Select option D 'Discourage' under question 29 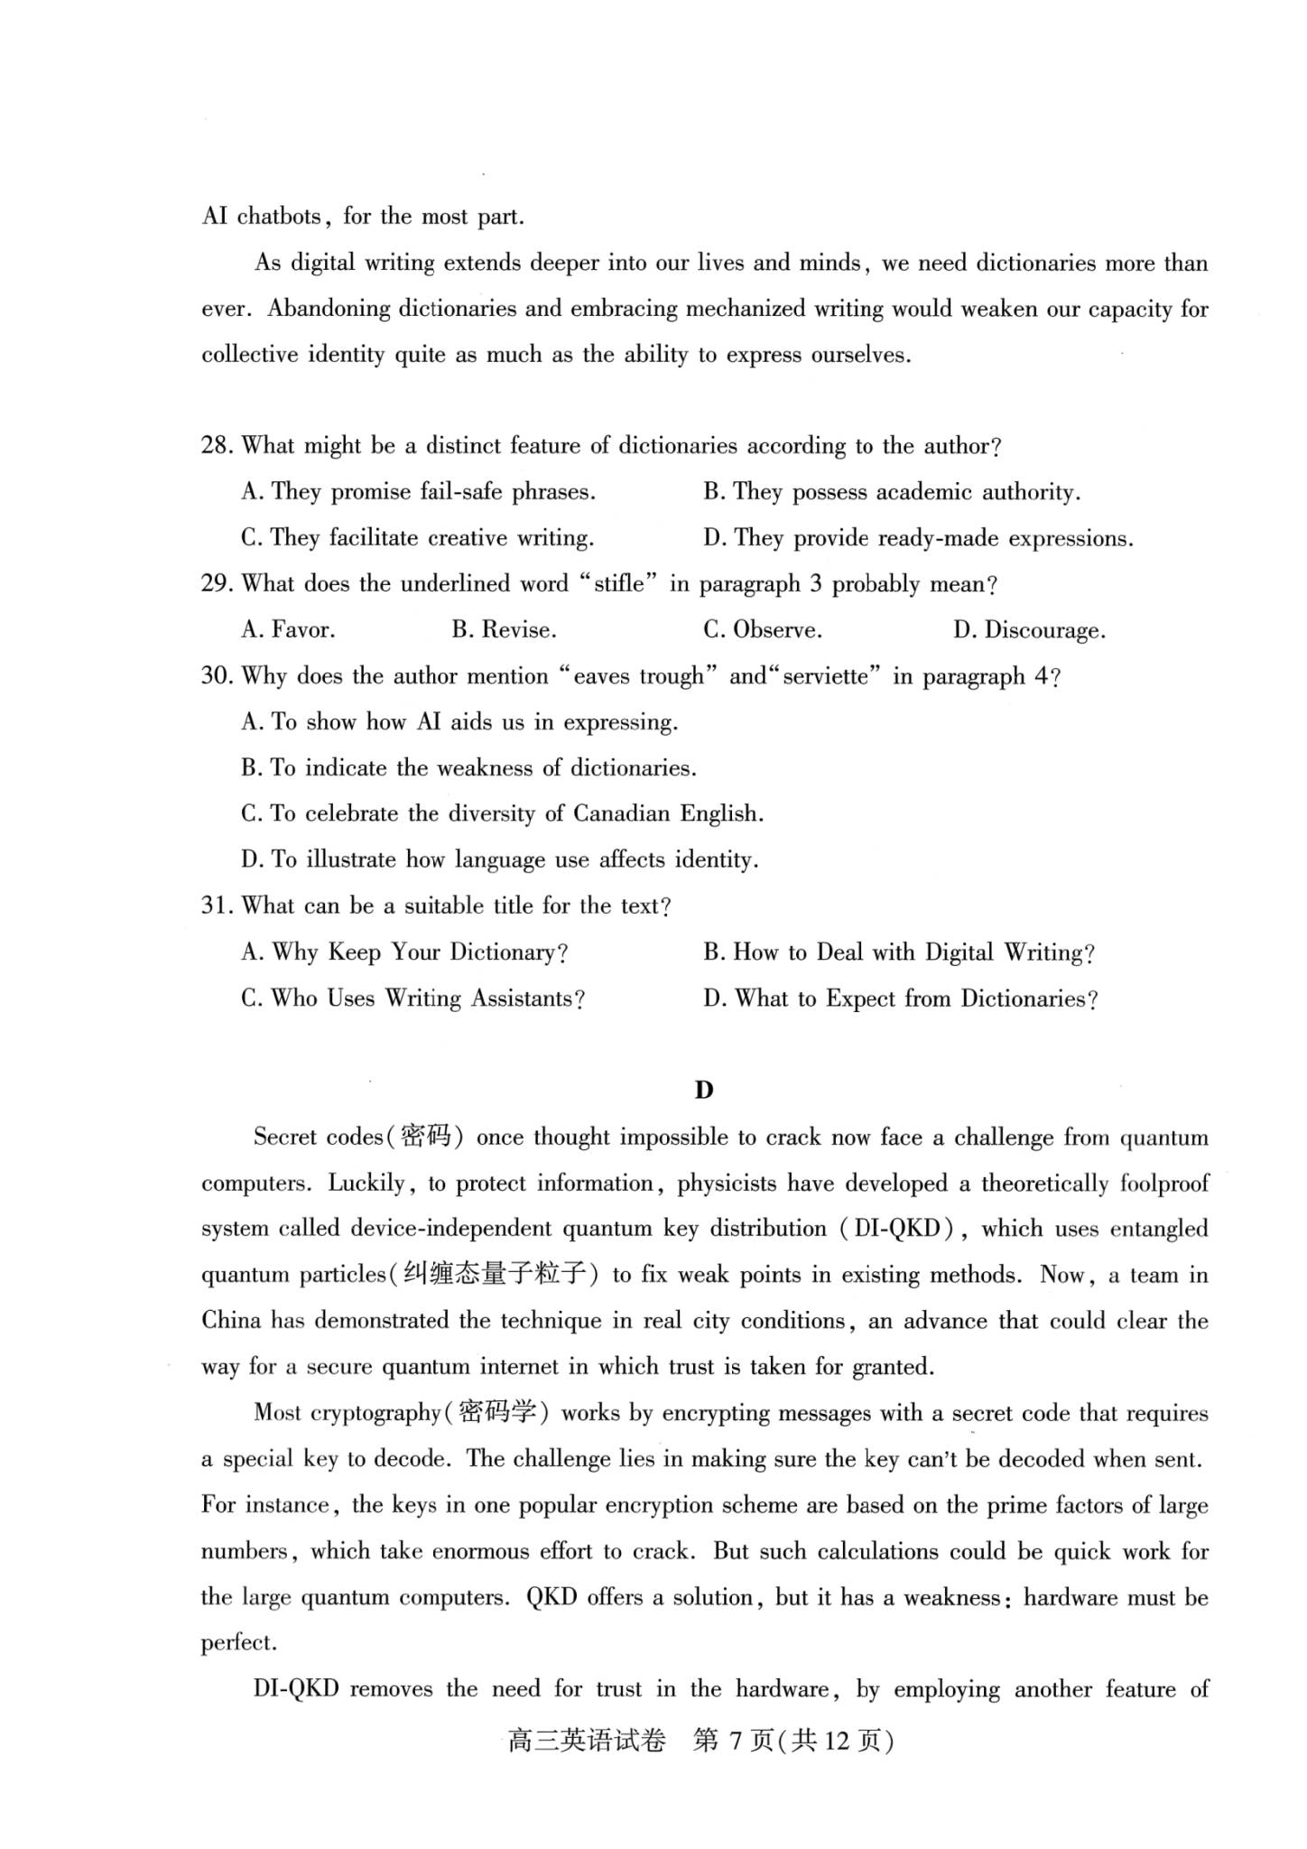point(1029,630)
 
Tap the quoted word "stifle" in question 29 point(619,584)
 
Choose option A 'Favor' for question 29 point(288,630)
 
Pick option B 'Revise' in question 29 point(504,630)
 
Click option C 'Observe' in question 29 point(763,630)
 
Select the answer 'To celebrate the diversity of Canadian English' point(502,814)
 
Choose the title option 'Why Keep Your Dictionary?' point(404,952)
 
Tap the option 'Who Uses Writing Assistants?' point(413,999)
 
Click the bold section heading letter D point(704,1091)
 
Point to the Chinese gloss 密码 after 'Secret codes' point(425,1138)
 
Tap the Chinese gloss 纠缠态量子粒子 point(495,1276)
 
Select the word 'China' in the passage point(232,1322)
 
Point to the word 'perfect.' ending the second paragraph point(237,1644)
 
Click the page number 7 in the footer point(736,1742)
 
